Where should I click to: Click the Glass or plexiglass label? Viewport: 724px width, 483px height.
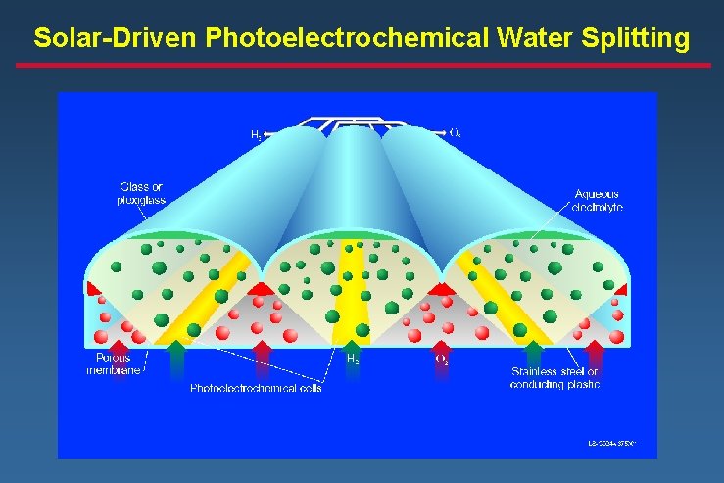tap(142, 193)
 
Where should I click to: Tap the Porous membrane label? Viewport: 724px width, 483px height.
tap(114, 363)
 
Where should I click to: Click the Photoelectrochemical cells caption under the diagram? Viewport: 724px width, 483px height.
tap(256, 388)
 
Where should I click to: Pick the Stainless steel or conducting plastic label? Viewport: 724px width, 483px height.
tap(555, 377)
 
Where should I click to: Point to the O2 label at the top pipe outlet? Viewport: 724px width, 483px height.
tap(456, 132)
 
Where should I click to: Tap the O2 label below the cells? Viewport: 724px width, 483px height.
tap(442, 360)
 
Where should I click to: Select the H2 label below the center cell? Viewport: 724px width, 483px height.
tap(354, 360)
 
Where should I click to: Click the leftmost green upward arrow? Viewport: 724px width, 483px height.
tap(176, 357)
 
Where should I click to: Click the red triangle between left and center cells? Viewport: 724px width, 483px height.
tap(261, 288)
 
